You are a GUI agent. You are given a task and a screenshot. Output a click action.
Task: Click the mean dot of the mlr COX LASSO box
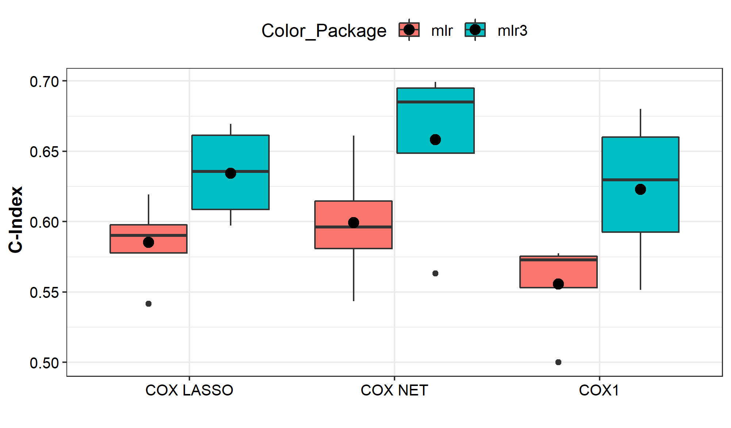pyautogui.click(x=149, y=242)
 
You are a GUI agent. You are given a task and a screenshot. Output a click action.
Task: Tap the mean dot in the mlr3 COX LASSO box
pyautogui.click(x=231, y=173)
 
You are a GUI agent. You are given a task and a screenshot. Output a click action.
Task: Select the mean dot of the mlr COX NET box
pyautogui.click(x=354, y=223)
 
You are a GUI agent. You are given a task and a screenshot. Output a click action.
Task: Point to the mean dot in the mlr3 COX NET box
pyautogui.click(x=435, y=140)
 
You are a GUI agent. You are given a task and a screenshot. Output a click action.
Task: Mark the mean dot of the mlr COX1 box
pyautogui.click(x=558, y=284)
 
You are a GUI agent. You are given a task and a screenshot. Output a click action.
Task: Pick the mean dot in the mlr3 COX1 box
pyautogui.click(x=640, y=189)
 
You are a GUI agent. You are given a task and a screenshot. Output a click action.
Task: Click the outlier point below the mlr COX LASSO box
pyautogui.click(x=149, y=304)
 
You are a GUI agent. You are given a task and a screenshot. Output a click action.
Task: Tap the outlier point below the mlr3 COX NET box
pyautogui.click(x=435, y=273)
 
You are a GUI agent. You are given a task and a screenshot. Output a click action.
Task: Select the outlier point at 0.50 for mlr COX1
pyautogui.click(x=558, y=362)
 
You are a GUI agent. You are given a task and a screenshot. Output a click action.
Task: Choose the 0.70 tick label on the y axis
pyautogui.click(x=44, y=82)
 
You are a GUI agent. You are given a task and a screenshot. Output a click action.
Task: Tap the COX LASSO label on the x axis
pyautogui.click(x=189, y=390)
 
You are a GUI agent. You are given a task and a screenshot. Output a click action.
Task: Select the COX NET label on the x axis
pyautogui.click(x=394, y=390)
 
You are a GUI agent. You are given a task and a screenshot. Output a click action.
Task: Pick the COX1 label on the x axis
pyautogui.click(x=599, y=390)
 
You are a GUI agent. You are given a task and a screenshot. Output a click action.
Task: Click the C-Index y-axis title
pyautogui.click(x=16, y=219)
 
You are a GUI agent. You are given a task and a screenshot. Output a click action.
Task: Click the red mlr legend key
pyautogui.click(x=409, y=30)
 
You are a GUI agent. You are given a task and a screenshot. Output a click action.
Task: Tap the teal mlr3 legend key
pyautogui.click(x=475, y=30)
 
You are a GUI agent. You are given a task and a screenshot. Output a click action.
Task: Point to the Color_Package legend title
pyautogui.click(x=324, y=31)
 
